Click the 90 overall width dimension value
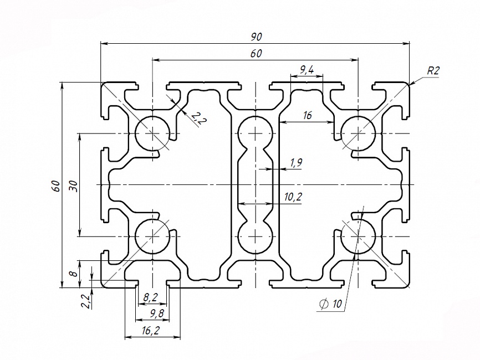(x=256, y=37)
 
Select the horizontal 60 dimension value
(x=256, y=54)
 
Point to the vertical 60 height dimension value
(x=55, y=186)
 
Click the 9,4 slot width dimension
(x=307, y=70)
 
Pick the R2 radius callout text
(x=433, y=70)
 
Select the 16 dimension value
(x=308, y=116)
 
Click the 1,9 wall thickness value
(x=295, y=163)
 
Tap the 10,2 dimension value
(x=292, y=197)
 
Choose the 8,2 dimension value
(x=151, y=298)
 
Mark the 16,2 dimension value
(x=151, y=331)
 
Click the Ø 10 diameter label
(x=331, y=304)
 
